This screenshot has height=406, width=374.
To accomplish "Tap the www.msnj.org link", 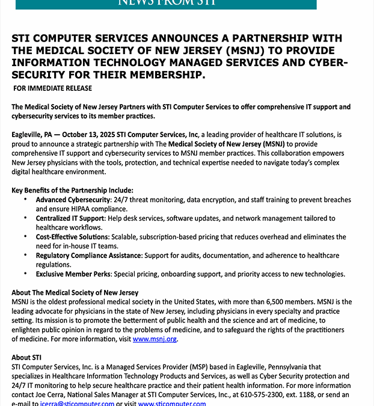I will click(155, 339).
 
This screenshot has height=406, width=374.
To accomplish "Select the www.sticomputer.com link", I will click(172, 402).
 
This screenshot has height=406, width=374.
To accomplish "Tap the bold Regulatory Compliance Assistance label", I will click(88, 256).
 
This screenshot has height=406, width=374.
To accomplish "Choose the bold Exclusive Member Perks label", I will click(73, 274).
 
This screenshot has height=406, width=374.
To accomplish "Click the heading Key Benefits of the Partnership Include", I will click(72, 190).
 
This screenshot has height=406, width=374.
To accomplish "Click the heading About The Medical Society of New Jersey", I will click(75, 293).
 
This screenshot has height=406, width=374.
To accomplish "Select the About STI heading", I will click(26, 357).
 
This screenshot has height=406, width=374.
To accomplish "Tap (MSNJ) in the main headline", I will click(241, 51).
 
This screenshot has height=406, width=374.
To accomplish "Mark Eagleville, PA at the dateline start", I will click(32, 135).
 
